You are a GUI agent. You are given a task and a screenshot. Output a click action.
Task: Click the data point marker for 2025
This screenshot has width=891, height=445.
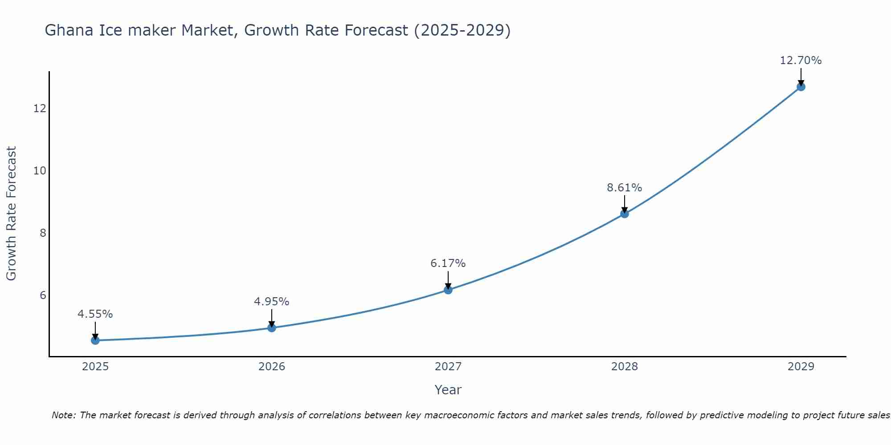[x=95, y=340]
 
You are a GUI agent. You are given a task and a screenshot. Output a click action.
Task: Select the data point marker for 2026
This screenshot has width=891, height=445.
[x=272, y=328]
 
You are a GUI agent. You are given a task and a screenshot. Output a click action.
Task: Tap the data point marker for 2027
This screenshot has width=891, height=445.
[x=448, y=290]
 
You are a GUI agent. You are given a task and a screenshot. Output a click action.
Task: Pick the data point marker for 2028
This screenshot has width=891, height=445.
[x=625, y=214]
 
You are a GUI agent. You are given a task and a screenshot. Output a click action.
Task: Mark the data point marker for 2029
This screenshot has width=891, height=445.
[x=801, y=87]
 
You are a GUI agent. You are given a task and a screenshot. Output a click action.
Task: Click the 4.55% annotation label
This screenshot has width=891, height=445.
[x=95, y=314]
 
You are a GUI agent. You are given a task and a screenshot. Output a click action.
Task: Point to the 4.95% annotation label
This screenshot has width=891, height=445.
[x=272, y=302]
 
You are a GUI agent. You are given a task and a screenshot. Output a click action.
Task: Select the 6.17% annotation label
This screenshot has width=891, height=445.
[x=448, y=263]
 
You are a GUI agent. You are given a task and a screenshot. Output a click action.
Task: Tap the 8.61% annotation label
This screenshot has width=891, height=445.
[x=625, y=188]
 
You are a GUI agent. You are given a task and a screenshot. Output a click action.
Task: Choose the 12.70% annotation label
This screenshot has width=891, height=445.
[x=801, y=61]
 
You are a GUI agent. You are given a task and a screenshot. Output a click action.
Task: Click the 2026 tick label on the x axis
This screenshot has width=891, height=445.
[x=272, y=367]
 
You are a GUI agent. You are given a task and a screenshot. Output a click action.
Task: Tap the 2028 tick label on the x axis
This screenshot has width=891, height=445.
[x=625, y=367]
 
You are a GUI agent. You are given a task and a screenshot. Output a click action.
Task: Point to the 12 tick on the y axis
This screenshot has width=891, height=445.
[x=40, y=108]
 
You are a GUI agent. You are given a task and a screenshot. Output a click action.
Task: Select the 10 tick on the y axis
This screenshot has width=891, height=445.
[x=40, y=170]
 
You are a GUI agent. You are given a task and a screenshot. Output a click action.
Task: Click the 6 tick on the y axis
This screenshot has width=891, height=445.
[x=43, y=295]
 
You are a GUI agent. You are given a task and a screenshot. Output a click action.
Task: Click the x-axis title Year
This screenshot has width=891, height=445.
[x=448, y=390]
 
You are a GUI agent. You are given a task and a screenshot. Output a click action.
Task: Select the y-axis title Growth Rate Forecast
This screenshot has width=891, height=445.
[x=12, y=214]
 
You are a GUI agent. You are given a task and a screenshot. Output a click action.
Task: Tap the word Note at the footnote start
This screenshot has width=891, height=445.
[x=64, y=415]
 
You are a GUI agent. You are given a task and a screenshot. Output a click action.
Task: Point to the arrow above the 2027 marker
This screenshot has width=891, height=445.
[x=448, y=279]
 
